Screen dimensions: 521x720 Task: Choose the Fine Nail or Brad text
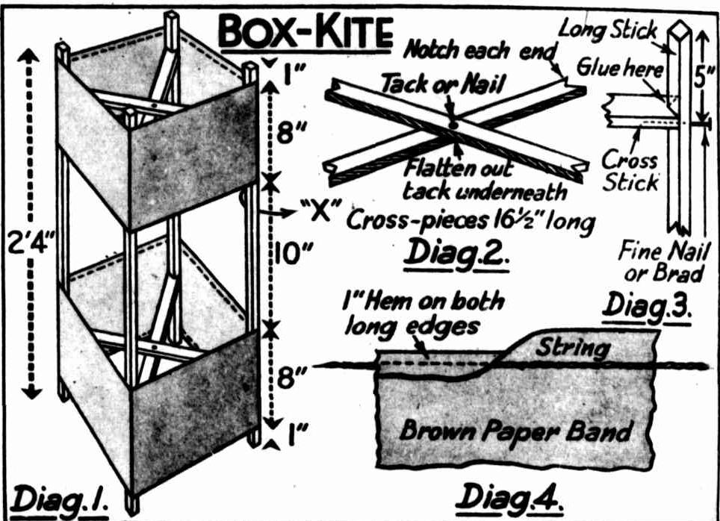click(x=660, y=263)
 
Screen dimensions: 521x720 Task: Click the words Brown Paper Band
click(x=516, y=431)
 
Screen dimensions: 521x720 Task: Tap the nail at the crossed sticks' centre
click(x=453, y=123)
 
